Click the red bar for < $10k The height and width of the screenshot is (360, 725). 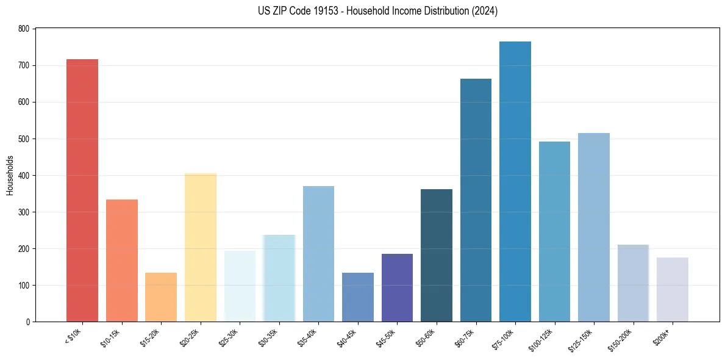point(82,190)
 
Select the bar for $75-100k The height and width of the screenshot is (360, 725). point(515,182)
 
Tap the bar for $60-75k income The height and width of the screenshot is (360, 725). point(476,200)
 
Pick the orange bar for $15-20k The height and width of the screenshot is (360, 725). point(161,297)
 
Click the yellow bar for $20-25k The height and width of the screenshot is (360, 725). point(201,248)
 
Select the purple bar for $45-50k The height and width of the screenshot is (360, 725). point(397,288)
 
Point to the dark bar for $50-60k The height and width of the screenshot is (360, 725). point(437,256)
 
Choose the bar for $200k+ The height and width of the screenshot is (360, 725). point(673,290)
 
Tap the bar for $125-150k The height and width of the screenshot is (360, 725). point(594,228)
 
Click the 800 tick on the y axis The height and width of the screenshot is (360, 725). point(24,29)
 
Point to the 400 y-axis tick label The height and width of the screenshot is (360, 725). point(24,176)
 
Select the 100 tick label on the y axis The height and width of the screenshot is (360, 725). point(24,286)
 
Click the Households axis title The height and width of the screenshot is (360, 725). point(10,175)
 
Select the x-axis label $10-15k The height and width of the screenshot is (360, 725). point(112,337)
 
